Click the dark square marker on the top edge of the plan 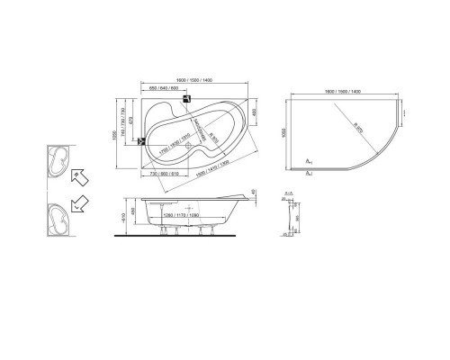click(185, 100)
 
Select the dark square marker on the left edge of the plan click(139, 139)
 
